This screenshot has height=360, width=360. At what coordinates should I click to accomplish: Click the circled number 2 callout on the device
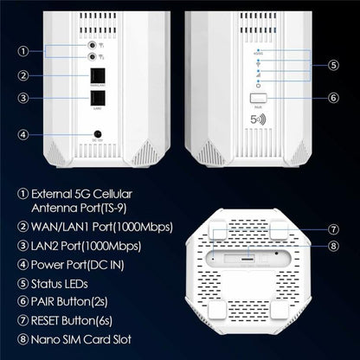[24, 74]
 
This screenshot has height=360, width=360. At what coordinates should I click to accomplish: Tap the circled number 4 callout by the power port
[24, 134]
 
